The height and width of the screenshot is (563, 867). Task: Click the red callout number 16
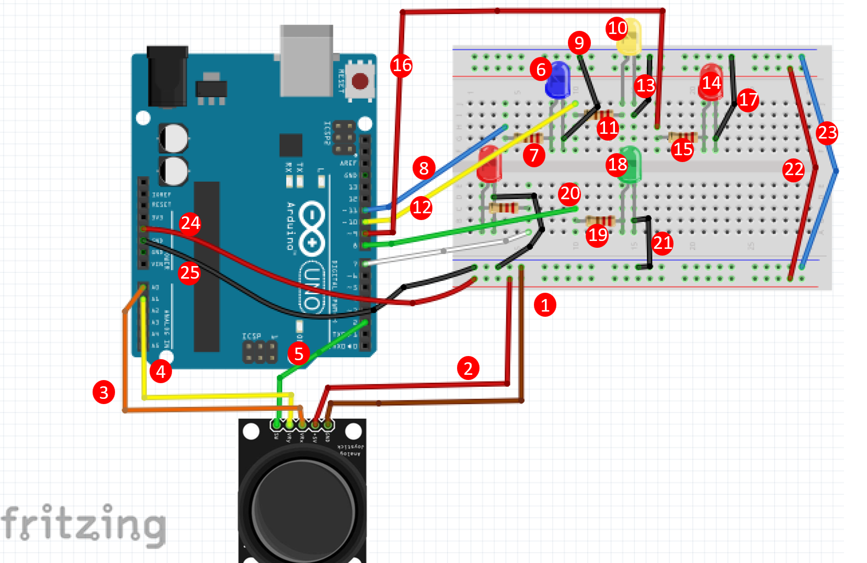(x=402, y=65)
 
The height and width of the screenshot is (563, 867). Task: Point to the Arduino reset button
(x=360, y=81)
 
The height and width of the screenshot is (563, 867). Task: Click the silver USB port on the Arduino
(x=306, y=60)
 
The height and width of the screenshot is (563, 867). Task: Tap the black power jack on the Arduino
(x=167, y=76)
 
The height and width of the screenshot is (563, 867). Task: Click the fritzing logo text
(x=84, y=524)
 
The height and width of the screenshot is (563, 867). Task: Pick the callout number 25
(x=189, y=273)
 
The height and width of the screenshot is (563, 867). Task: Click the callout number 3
(x=104, y=392)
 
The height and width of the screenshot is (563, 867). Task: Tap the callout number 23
(x=827, y=133)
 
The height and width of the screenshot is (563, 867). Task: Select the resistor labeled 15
(x=683, y=137)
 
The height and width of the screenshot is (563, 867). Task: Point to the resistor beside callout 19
(x=599, y=221)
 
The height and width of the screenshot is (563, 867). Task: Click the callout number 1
(x=545, y=305)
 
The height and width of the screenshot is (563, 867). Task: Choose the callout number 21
(x=663, y=243)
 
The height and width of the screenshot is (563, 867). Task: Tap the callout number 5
(x=299, y=354)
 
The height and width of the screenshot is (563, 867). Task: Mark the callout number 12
(x=421, y=208)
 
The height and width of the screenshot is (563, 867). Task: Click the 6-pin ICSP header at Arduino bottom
(x=260, y=352)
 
